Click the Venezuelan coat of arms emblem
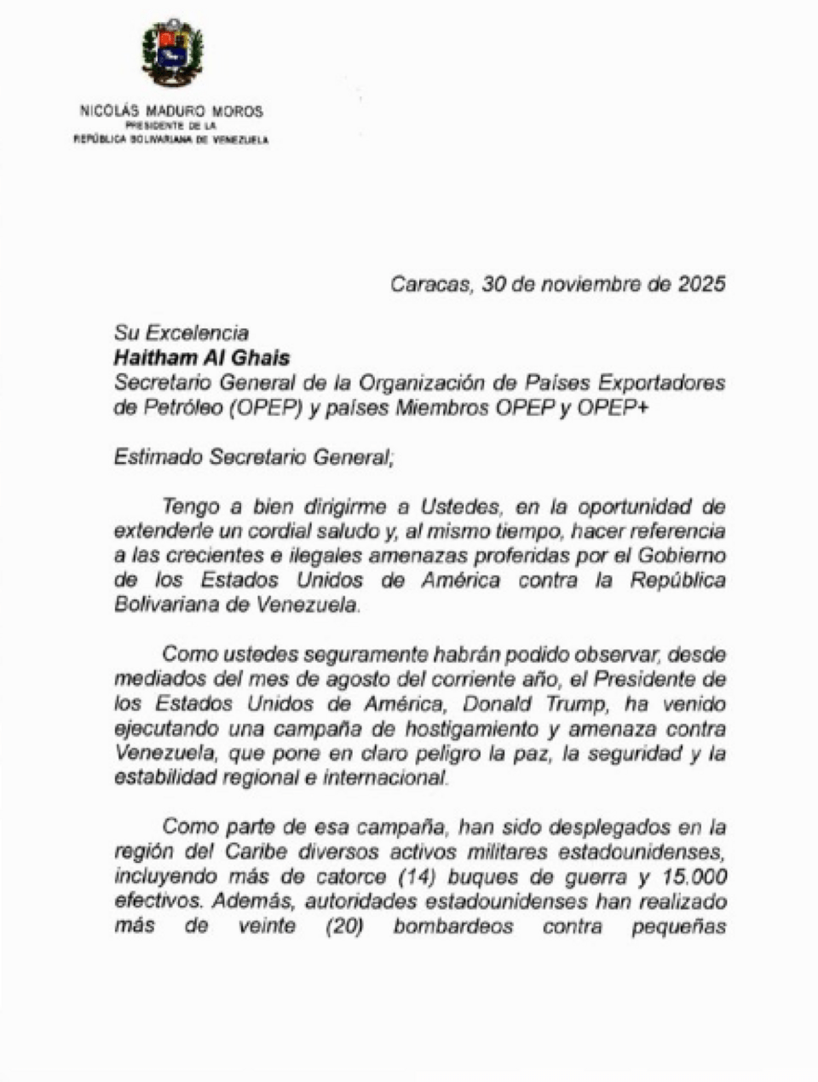click(172, 53)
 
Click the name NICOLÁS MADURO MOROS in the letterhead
click(171, 111)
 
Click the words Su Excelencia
click(181, 333)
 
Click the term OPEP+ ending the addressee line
click(613, 408)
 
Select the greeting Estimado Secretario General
click(253, 457)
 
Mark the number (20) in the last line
click(345, 926)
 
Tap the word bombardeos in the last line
click(452, 926)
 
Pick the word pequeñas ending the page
click(679, 927)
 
